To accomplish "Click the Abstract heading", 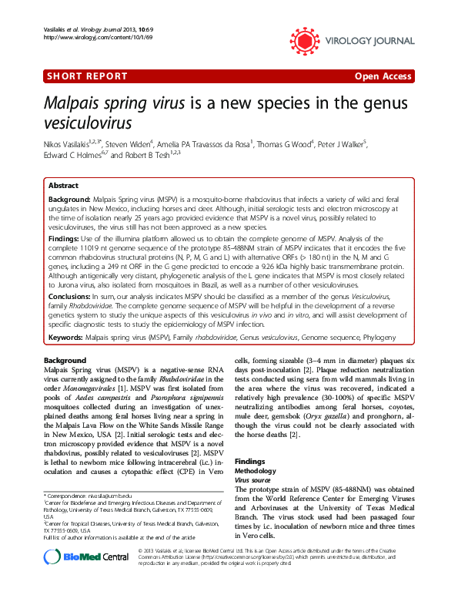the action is point(63,186).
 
